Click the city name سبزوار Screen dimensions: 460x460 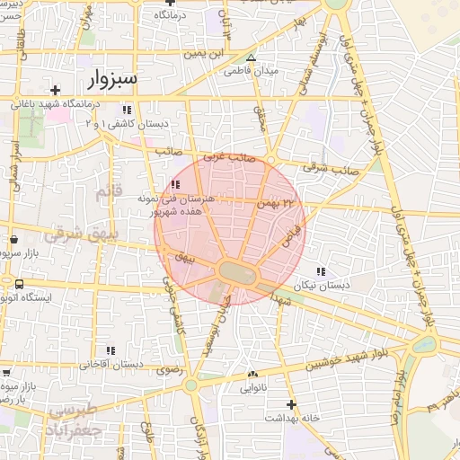coord(108,78)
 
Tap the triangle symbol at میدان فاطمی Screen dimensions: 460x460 coord(252,57)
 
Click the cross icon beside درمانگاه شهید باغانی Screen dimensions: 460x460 coord(56,90)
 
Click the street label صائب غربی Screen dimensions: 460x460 coord(228,156)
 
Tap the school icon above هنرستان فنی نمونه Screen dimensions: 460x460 coord(174,184)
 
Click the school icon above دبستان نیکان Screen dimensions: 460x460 coord(321,271)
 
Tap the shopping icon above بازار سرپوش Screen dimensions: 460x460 coord(15,241)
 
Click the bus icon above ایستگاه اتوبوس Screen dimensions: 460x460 coord(18,284)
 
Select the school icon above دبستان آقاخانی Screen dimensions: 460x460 coord(112,350)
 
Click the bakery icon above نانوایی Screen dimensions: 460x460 coord(252,375)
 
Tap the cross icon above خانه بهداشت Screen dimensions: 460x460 coord(290,404)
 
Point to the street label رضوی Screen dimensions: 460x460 coord(169,368)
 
